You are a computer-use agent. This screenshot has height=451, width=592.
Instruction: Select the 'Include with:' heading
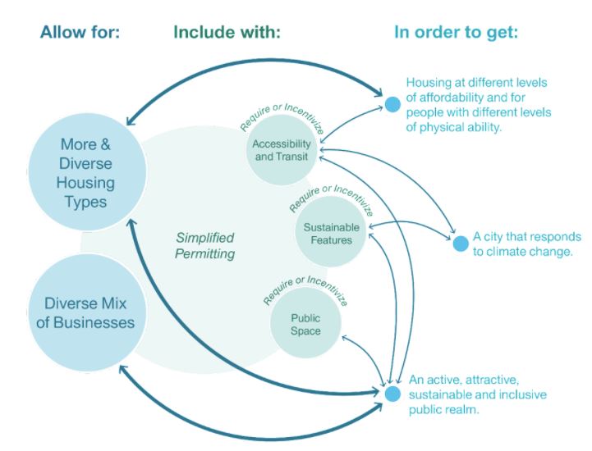227,33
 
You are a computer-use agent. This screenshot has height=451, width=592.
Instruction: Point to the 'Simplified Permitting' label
205,245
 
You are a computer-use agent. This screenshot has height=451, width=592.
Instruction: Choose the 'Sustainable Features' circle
328,233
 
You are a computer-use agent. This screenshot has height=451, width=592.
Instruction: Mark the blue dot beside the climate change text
459,243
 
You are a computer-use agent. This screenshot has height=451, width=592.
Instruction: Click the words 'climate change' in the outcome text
533,252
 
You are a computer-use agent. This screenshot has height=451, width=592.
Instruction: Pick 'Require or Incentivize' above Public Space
305,288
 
